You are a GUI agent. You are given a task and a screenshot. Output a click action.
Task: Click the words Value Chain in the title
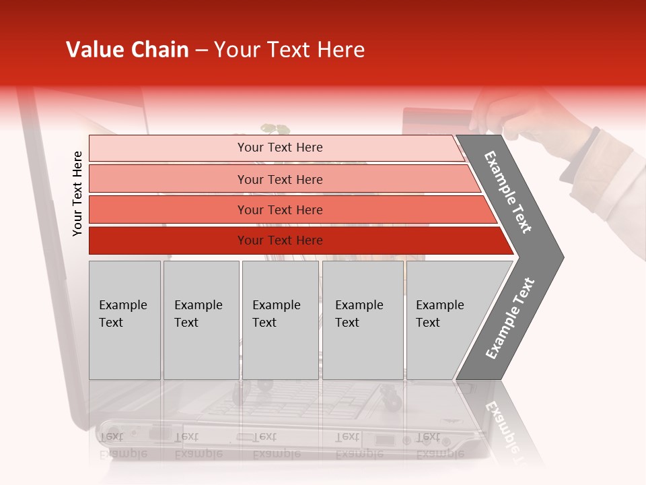point(127,50)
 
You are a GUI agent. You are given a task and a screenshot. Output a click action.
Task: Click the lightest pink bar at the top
point(276,148)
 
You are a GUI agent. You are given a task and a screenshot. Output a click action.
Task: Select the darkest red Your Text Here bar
point(279,240)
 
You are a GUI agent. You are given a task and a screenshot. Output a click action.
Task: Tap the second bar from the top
point(279,179)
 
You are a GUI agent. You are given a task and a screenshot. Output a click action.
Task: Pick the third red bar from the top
point(279,209)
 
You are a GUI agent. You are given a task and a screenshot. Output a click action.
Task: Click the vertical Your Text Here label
point(77,193)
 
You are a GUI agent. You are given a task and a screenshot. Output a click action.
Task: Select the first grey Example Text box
point(124,320)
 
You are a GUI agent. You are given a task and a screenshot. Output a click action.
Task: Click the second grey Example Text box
point(201,320)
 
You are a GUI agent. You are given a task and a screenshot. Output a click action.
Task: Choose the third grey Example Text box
point(279,320)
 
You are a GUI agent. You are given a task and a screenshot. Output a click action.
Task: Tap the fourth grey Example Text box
point(362,320)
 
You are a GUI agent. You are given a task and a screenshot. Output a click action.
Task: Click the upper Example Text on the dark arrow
point(508,192)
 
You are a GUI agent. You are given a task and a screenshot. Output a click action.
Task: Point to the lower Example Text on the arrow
point(509,318)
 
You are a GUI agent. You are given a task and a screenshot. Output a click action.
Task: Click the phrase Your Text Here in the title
point(289,50)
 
